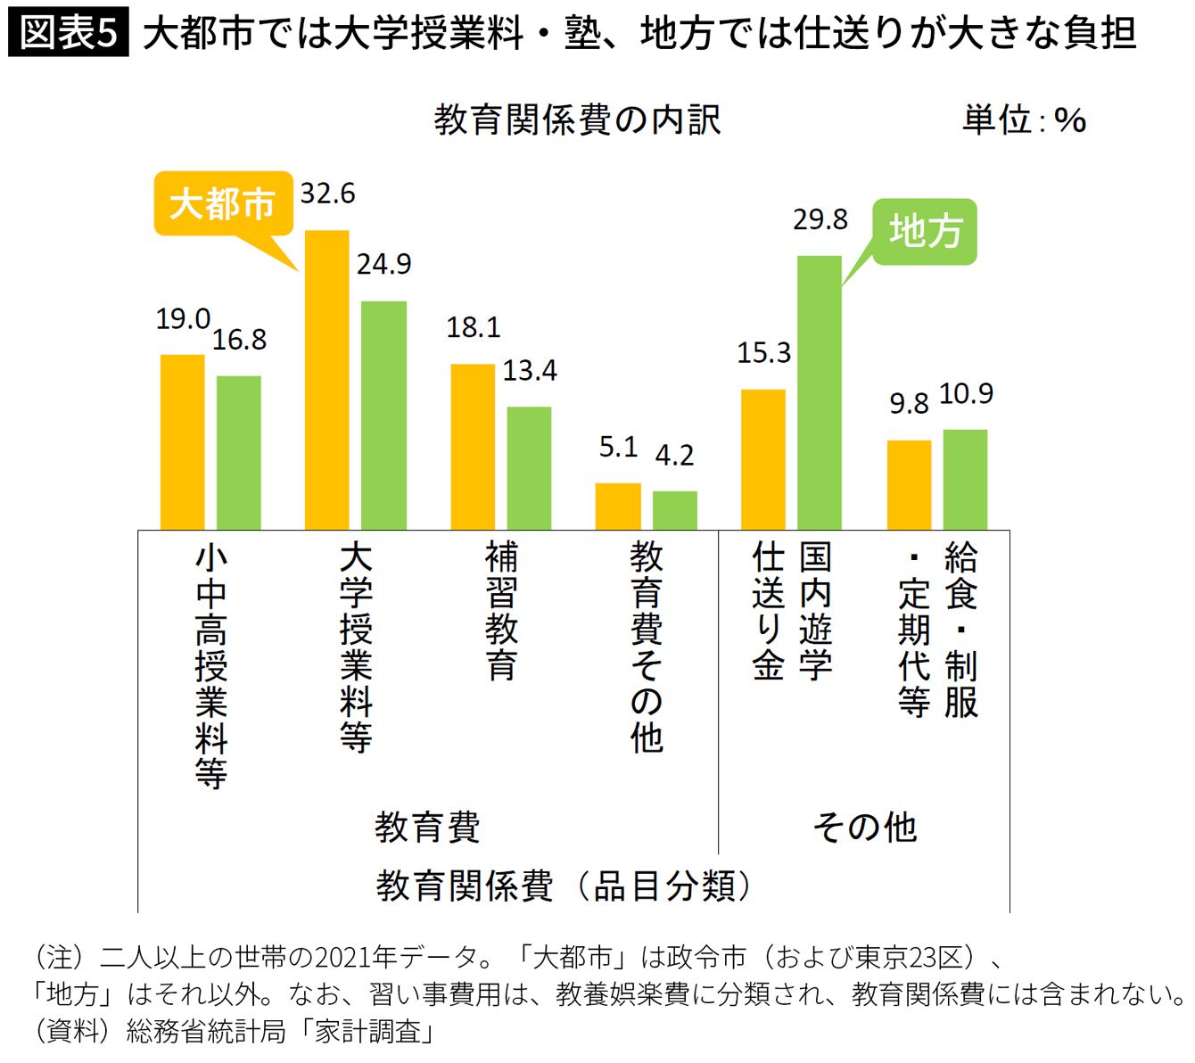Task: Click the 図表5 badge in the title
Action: click(x=68, y=32)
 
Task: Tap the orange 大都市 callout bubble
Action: click(x=223, y=203)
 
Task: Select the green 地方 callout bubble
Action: click(x=925, y=231)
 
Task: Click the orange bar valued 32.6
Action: click(x=327, y=380)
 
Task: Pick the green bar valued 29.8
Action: click(x=819, y=392)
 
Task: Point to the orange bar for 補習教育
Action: click(x=473, y=447)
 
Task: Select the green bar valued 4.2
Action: click(x=674, y=510)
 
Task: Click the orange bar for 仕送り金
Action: click(x=763, y=459)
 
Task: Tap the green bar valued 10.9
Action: click(x=965, y=480)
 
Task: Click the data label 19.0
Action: click(x=183, y=319)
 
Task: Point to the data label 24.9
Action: click(x=384, y=265)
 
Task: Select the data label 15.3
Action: click(x=763, y=353)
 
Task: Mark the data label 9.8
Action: click(x=909, y=404)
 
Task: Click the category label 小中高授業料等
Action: click(x=211, y=665)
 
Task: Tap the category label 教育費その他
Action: click(x=647, y=647)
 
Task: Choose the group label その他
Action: click(x=864, y=828)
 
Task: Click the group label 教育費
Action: click(x=427, y=828)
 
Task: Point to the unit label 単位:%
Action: click(x=1024, y=120)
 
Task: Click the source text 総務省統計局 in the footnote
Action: click(x=206, y=1032)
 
